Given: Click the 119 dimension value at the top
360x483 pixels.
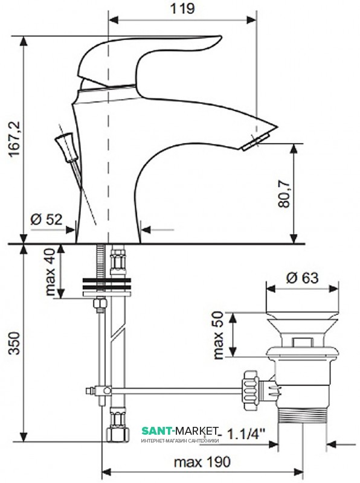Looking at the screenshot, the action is (x=182, y=8).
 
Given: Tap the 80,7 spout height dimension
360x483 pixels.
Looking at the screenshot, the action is (x=284, y=193).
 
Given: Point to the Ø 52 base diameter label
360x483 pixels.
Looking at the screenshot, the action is (x=47, y=219).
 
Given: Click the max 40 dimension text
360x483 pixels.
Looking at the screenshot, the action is (x=51, y=272).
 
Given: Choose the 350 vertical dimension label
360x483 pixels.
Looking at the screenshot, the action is (x=14, y=343).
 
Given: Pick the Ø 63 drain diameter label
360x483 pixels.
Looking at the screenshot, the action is (x=302, y=278).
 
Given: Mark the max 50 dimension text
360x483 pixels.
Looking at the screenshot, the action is (x=218, y=336).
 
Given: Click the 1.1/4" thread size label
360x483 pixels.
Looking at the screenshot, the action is (x=246, y=434).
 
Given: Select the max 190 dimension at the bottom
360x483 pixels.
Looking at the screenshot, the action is (x=202, y=462).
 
